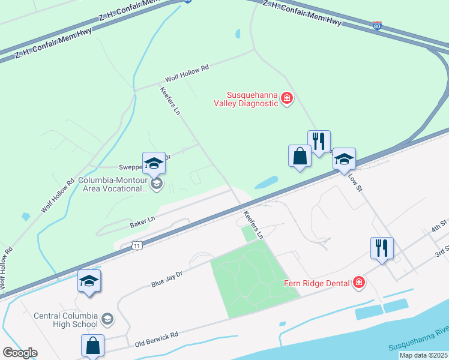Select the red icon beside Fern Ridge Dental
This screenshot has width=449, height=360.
359,282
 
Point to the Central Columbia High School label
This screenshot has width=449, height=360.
66,320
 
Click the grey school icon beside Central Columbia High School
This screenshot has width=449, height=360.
107,318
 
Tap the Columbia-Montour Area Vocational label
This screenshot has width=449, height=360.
113,184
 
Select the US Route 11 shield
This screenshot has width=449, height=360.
137,245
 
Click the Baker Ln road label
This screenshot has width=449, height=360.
142,222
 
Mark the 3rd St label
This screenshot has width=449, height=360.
442,250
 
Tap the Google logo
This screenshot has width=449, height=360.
20,353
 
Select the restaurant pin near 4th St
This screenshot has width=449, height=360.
382,248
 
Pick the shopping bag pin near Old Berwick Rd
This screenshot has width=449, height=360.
92,346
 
